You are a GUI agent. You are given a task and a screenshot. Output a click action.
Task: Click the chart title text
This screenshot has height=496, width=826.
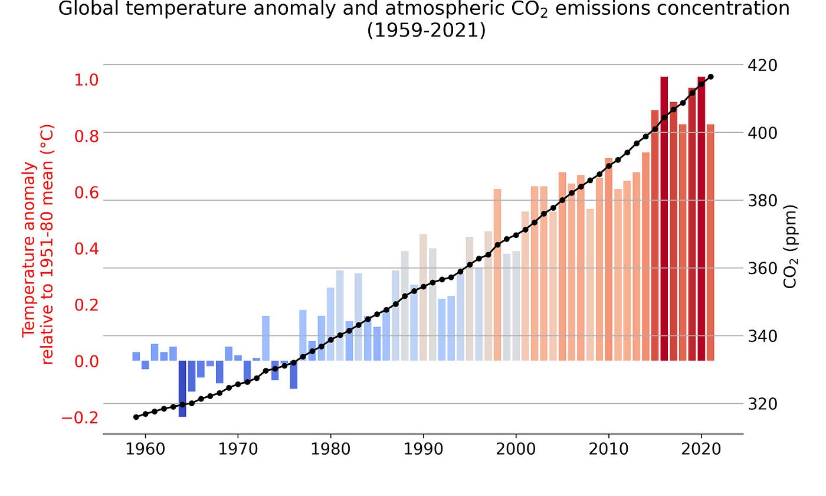(x=416, y=19)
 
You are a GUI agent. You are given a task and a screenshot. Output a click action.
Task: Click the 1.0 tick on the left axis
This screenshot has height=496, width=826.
(x=86, y=79)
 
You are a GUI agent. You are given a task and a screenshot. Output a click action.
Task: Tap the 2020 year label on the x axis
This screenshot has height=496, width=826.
(x=702, y=449)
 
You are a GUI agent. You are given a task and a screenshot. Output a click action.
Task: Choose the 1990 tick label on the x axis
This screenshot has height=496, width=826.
(x=423, y=449)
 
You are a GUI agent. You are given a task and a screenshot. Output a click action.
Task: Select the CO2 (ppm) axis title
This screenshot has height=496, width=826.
(x=791, y=246)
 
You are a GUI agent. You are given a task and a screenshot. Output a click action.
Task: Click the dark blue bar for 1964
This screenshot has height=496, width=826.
(x=182, y=389)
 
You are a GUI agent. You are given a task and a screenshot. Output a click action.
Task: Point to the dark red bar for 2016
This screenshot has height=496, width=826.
(x=664, y=218)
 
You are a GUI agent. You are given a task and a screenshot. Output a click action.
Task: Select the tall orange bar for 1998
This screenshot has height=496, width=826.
(x=497, y=275)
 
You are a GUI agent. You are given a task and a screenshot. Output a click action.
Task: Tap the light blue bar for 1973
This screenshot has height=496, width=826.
(x=265, y=338)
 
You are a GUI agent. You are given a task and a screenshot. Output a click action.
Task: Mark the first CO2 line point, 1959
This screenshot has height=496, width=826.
(x=136, y=417)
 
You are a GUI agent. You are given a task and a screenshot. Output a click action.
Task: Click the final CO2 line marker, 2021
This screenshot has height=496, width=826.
(x=710, y=77)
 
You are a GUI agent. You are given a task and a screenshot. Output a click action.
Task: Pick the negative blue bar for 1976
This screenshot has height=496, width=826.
(x=293, y=374)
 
